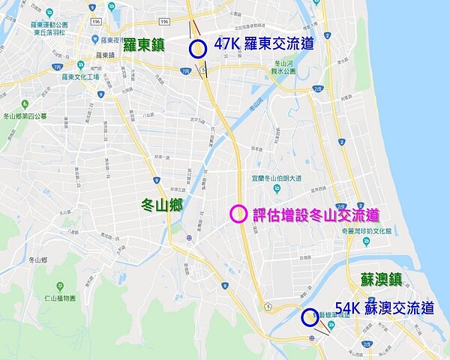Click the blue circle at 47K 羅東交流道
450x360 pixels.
coord(198,49)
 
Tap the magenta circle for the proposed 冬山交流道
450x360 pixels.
coord(238,214)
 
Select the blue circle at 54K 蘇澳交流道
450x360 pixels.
coord(309,317)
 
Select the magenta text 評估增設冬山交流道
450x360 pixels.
coord(315,214)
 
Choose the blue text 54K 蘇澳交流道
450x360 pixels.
coord(385,308)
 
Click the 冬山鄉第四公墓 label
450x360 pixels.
coord(24,116)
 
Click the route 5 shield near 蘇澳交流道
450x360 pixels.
coord(267,305)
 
